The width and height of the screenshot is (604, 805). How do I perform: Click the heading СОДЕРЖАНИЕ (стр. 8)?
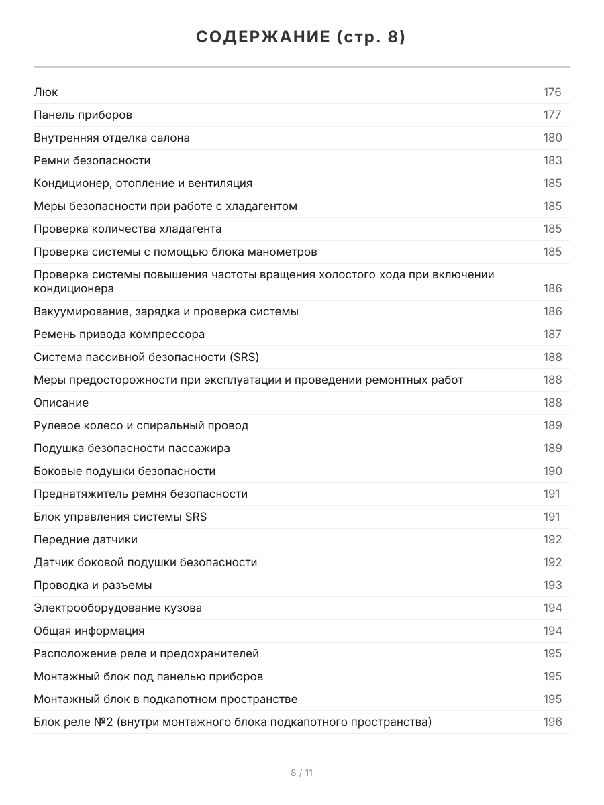pos(301,37)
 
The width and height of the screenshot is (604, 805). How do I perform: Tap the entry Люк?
pos(46,92)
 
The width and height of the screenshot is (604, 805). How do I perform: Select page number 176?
pos(552,92)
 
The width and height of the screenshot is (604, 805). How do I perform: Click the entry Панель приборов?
pos(83,115)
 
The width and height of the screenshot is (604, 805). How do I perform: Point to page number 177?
pos(552,115)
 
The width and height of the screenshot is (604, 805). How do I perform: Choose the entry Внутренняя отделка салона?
pos(111,138)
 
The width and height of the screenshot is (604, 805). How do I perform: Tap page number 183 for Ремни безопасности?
pos(552,160)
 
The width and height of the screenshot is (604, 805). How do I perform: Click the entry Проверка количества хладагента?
pos(128,229)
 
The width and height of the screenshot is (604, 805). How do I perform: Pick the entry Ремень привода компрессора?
pos(119,334)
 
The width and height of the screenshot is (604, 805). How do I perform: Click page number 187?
pos(552,334)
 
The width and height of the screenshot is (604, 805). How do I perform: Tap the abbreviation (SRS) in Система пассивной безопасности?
pos(244,357)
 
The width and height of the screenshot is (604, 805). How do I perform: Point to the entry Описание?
pos(61,402)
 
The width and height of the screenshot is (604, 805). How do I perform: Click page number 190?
pos(552,471)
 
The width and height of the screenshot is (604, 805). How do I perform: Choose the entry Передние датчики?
pos(85,539)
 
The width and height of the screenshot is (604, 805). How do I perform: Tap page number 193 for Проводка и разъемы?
pos(552,585)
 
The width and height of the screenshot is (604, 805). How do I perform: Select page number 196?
pos(552,722)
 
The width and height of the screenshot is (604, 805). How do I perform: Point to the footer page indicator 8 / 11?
pos(301,773)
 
